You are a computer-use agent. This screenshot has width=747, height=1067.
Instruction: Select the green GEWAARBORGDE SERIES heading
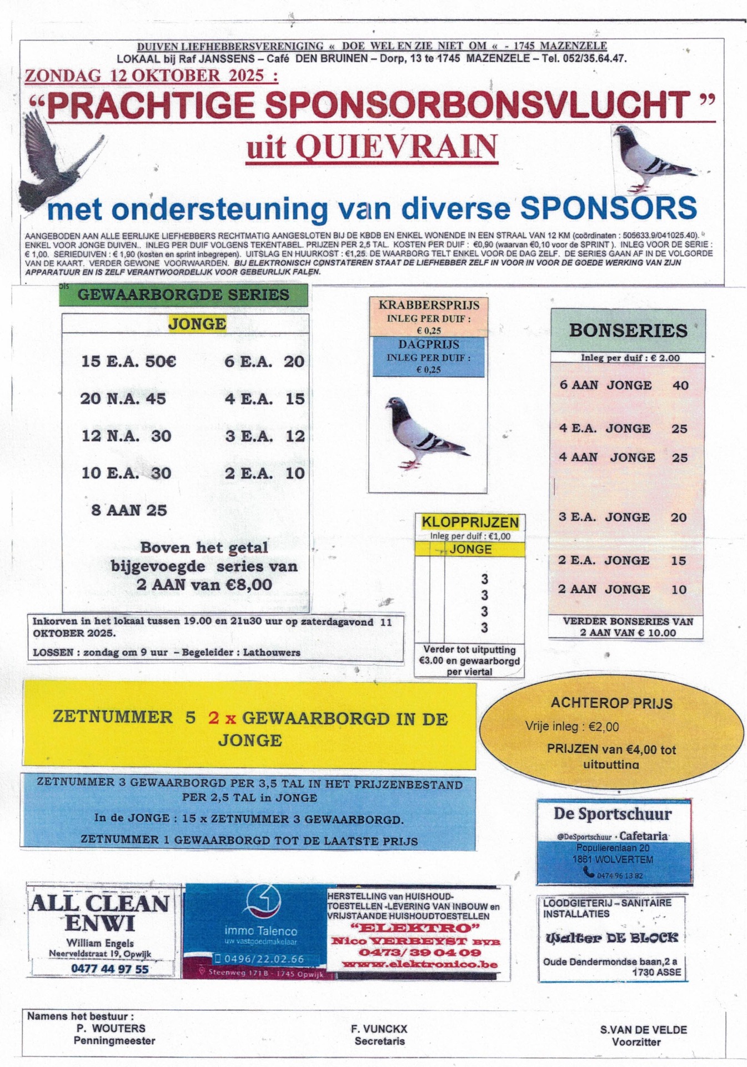tap(183, 295)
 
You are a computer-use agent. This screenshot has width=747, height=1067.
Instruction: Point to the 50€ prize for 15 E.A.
tap(161, 361)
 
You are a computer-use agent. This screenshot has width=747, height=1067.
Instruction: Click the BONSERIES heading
tap(628, 331)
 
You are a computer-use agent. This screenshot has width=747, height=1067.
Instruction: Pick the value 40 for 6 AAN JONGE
tap(680, 385)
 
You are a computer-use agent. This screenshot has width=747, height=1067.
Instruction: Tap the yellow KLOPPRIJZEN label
tap(470, 522)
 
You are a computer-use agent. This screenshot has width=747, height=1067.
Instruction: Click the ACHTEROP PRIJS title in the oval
tap(611, 703)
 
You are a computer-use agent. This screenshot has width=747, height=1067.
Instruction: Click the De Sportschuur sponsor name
tap(613, 814)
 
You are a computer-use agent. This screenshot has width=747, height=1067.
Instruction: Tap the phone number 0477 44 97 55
tap(110, 969)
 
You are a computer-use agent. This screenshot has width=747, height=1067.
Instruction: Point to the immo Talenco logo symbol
tap(263, 901)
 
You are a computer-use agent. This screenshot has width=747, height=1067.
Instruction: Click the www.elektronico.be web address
tap(419, 964)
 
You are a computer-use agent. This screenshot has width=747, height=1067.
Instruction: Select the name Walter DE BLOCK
tap(611, 938)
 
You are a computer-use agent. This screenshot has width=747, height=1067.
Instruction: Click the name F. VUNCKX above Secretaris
tap(379, 1029)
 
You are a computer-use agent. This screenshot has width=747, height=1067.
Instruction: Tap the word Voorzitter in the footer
tap(636, 1041)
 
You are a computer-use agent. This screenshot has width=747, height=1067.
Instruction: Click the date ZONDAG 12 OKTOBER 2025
tap(151, 76)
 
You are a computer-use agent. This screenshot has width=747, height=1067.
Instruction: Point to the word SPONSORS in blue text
tap(608, 208)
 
